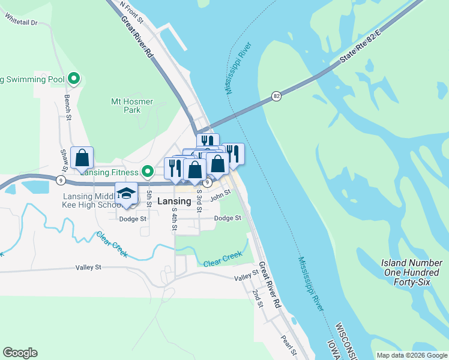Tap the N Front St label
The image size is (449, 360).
(x=131, y=12)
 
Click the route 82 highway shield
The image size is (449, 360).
(x=276, y=96)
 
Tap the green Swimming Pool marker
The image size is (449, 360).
(x=74, y=79)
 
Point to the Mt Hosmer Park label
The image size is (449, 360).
(x=132, y=106)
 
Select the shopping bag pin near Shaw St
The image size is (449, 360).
(x=82, y=158)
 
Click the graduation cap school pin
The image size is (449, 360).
(x=126, y=194)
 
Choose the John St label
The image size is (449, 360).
(x=220, y=193)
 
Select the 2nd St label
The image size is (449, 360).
(x=258, y=298)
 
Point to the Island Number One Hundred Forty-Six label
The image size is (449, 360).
(x=412, y=272)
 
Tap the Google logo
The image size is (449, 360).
(x=20, y=353)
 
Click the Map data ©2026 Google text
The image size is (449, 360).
(x=411, y=355)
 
